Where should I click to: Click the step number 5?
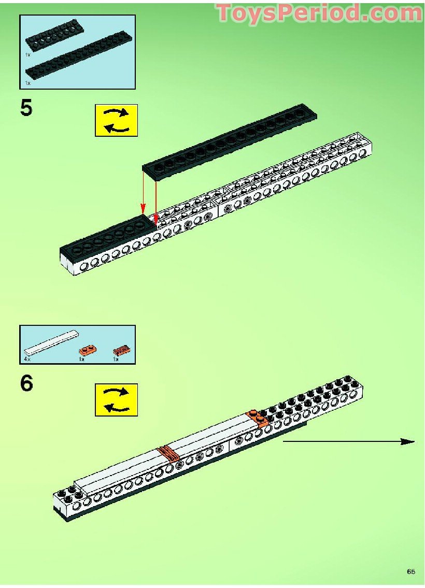[26, 108]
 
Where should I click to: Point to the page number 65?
[410, 571]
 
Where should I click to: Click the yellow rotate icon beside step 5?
[116, 120]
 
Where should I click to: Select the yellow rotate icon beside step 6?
[116, 399]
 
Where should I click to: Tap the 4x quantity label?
[27, 358]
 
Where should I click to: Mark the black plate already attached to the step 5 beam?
[109, 236]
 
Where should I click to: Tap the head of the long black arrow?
[409, 441]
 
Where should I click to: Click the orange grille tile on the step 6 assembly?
[169, 454]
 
